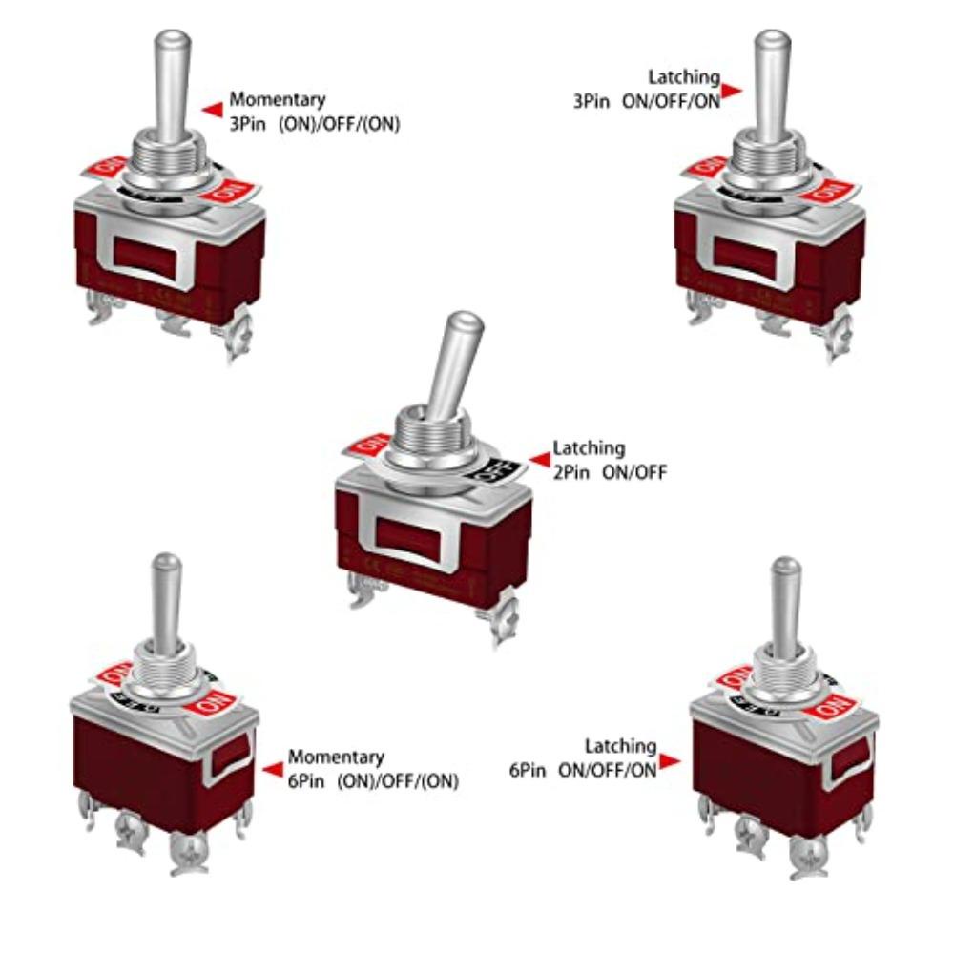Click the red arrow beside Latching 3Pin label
pos(732,91)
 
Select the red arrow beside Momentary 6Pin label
pos(273,769)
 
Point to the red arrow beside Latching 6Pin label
pos(670,760)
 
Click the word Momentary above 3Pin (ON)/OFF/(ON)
pos(277,99)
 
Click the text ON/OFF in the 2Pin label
pos(634,471)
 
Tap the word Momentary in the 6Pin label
pos(336,757)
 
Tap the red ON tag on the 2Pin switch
pos(370,445)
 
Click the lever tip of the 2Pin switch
pos(467,322)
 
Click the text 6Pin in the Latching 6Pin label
pos(528,770)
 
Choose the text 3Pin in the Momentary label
pos(246,123)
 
